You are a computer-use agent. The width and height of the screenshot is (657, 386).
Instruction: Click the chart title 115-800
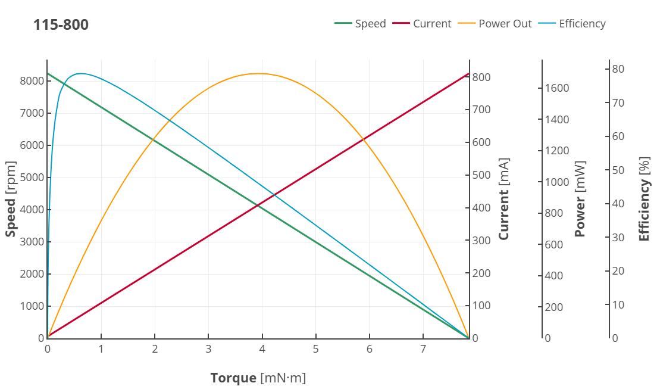[x=61, y=25]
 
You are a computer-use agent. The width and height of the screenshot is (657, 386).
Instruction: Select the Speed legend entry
[x=361, y=24]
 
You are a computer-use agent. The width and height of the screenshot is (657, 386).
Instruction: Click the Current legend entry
[x=423, y=24]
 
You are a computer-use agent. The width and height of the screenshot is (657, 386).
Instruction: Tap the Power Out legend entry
[x=496, y=24]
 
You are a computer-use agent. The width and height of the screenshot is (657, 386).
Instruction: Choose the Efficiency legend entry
[x=572, y=24]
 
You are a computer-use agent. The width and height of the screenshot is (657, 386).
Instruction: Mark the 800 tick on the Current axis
[x=481, y=77]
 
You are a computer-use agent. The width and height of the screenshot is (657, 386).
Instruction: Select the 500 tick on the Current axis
[x=481, y=175]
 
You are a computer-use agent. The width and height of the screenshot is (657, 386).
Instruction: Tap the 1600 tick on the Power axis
[x=557, y=88]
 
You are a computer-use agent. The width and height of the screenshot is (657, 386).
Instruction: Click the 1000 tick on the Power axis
[x=557, y=182]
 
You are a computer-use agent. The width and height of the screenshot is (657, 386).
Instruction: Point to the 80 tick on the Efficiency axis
[x=618, y=69]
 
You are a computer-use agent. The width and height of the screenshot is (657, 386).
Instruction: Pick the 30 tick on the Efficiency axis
[x=618, y=238]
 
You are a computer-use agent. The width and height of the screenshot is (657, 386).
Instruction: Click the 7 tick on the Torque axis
[x=423, y=348]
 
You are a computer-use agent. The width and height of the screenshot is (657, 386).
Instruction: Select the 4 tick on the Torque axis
[x=262, y=348]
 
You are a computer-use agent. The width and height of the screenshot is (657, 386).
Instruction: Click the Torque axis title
[x=258, y=378]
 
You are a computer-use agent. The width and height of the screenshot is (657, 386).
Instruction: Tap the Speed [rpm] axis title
[x=11, y=199]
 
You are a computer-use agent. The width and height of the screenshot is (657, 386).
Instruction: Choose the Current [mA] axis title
[x=504, y=199]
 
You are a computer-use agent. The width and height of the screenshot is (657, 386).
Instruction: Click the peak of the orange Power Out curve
[x=258, y=73]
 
